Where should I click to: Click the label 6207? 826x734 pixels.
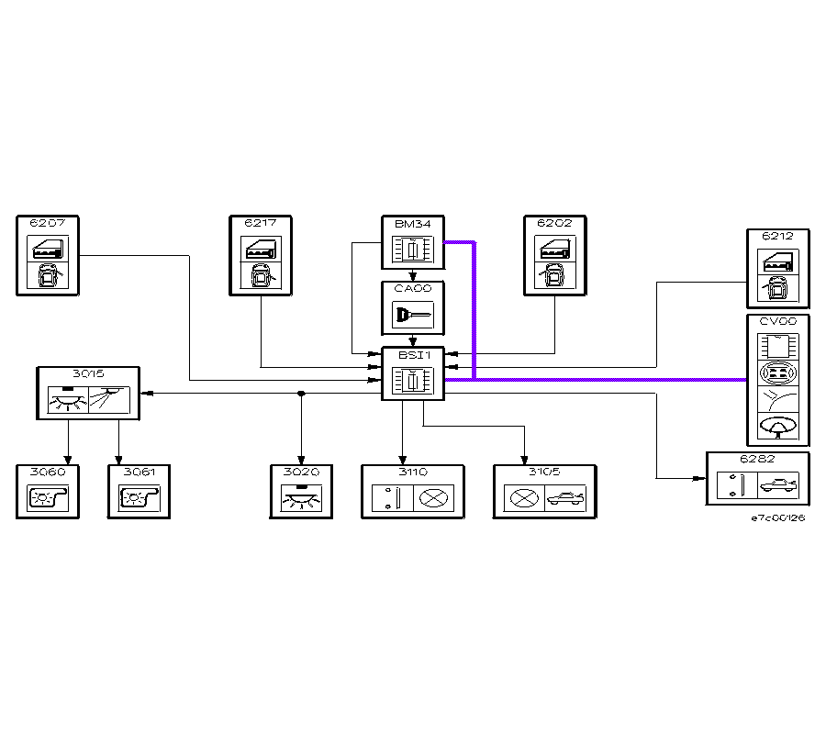coord(41,223)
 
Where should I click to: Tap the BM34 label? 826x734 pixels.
coord(407,223)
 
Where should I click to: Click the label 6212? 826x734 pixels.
coord(777,237)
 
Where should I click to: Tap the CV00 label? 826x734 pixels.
coord(777,322)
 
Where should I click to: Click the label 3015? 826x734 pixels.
coord(88,373)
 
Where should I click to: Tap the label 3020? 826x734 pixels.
coord(301,472)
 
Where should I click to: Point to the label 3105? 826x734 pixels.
coord(545,472)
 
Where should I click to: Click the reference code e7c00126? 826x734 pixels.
coord(777,518)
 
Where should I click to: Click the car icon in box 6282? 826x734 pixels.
coord(778,485)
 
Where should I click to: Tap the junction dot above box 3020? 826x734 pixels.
coord(301,394)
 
